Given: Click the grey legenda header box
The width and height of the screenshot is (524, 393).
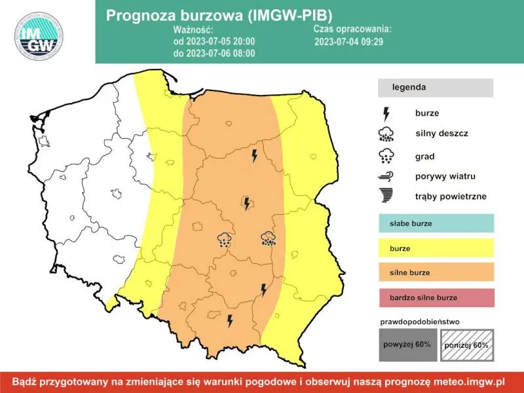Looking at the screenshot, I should tap(435, 87).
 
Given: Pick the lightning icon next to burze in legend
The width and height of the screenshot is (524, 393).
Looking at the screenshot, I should tap(386, 113).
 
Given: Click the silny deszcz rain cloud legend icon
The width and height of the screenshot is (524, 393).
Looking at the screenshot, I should tap(386, 135).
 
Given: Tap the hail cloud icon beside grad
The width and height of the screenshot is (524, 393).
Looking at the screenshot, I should tap(386, 156).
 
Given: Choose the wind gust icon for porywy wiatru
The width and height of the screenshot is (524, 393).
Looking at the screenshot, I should tap(386, 176).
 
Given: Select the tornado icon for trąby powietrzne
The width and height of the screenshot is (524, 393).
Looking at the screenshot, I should tap(386, 195).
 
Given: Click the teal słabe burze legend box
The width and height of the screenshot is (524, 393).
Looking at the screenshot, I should tap(435, 223).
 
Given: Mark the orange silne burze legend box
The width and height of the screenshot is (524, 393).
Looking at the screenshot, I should tap(435, 272).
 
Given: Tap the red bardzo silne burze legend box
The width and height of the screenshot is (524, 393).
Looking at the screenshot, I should tap(435, 297).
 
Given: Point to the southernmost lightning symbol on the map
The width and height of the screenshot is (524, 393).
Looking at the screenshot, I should tap(230, 320).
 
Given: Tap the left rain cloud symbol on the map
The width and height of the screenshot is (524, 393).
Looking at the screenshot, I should tap(225, 239).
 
